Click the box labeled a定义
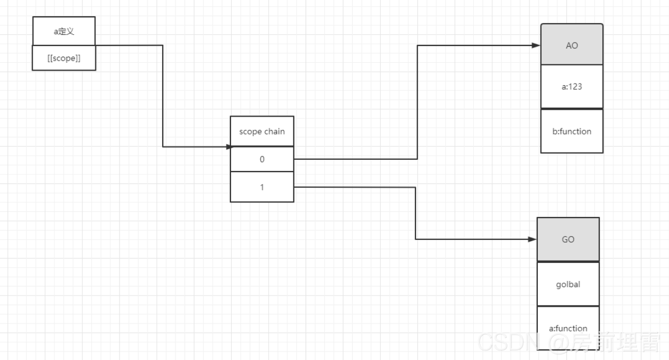click(x=64, y=31)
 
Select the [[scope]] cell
click(x=64, y=58)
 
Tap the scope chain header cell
click(x=262, y=131)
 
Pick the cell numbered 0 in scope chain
click(x=262, y=159)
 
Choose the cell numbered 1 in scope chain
click(x=262, y=187)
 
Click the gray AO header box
click(x=571, y=45)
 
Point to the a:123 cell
click(x=571, y=87)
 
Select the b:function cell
click(x=571, y=131)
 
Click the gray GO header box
click(x=568, y=239)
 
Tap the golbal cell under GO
click(x=568, y=284)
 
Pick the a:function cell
click(x=568, y=328)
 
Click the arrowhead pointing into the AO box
click(x=536, y=45)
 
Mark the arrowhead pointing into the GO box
click(x=532, y=239)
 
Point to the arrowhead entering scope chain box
click(x=227, y=147)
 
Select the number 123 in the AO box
click(x=576, y=87)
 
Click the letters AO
click(x=571, y=45)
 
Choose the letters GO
click(x=568, y=239)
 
